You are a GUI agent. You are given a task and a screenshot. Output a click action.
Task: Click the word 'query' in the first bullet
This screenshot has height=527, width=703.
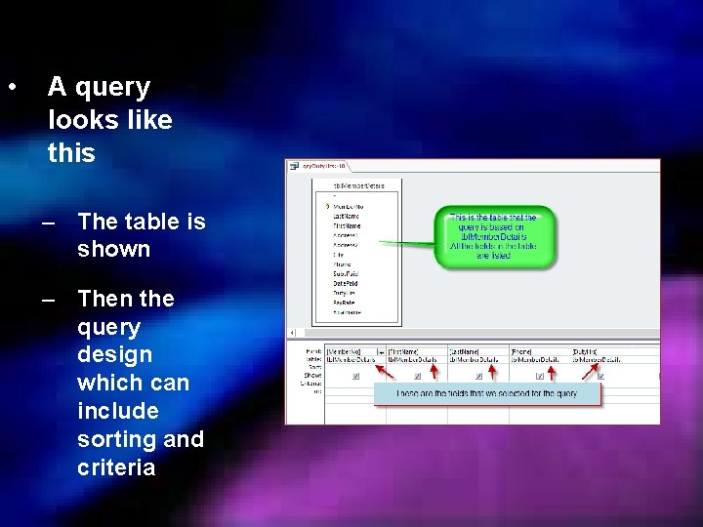point(112,88)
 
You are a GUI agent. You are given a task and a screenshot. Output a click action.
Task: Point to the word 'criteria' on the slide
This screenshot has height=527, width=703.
point(116,467)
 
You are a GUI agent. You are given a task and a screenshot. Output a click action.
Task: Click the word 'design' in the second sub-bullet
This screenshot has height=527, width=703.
point(114,355)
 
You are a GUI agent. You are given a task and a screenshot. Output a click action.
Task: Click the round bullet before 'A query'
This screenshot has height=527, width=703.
point(12,87)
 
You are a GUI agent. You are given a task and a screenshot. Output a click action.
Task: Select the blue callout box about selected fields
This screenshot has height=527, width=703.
point(486,393)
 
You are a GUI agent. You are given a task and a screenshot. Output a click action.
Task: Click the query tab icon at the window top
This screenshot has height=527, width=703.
point(294,166)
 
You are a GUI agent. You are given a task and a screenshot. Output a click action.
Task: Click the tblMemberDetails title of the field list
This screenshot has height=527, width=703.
point(358,184)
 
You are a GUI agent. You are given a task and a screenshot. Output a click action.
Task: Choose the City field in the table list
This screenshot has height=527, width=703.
point(339,255)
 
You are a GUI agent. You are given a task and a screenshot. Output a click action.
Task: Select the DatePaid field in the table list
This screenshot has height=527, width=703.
point(347,283)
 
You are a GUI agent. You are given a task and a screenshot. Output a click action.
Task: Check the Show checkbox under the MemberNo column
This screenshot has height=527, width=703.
point(355,375)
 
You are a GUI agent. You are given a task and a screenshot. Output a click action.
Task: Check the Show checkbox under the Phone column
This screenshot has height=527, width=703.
point(540,375)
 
